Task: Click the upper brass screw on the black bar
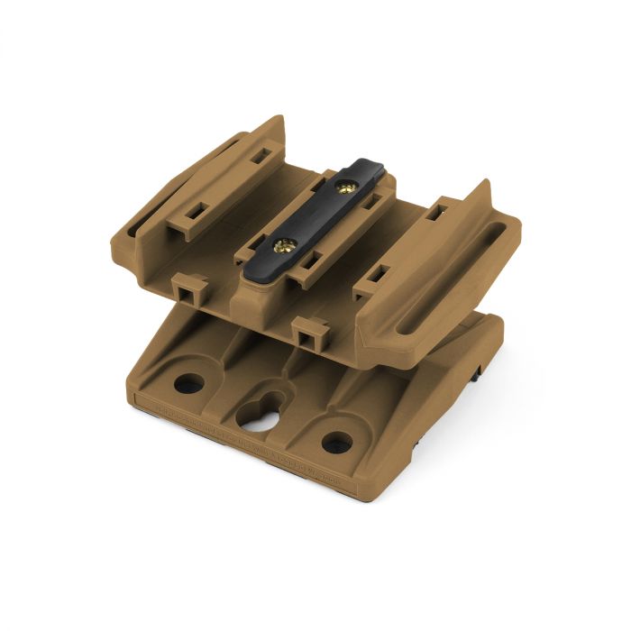click(x=345, y=187)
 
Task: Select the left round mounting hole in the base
click(x=189, y=384)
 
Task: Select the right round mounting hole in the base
click(x=336, y=443)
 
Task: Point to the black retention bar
click(x=316, y=216)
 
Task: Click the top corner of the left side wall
click(x=280, y=118)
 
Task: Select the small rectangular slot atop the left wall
click(x=259, y=155)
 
